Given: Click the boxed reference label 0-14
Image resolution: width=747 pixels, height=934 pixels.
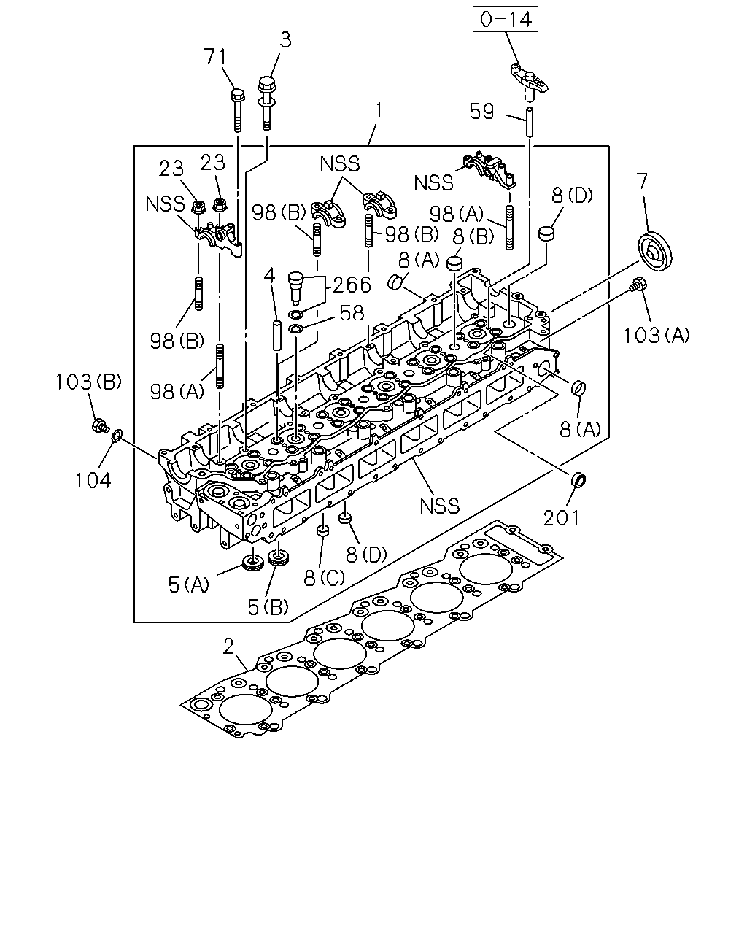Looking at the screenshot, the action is (x=506, y=19).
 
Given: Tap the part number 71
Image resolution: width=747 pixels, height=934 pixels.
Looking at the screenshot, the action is (x=215, y=57).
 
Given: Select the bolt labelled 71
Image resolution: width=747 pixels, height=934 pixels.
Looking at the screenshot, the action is (x=237, y=110).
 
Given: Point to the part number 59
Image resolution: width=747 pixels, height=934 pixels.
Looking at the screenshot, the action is (x=481, y=112).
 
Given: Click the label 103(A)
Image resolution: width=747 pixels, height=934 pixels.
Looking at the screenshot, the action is (x=657, y=336).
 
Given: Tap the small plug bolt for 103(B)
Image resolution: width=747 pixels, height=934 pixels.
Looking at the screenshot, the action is (x=99, y=425).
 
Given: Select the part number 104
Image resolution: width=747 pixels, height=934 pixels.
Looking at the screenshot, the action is (x=93, y=480).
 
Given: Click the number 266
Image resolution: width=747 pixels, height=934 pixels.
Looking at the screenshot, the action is (x=352, y=285).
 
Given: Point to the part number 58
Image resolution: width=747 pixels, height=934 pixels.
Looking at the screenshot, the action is (x=352, y=313).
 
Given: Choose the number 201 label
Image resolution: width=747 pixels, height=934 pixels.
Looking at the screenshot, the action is (x=561, y=518).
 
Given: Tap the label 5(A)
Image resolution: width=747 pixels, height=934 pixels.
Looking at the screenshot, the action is (x=188, y=585).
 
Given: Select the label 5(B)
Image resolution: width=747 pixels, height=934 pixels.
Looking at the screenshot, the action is (x=268, y=607).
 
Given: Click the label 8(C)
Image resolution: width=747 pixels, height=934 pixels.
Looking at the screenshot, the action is (x=324, y=578).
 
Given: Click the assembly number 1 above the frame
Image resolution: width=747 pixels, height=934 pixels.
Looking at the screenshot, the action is (x=379, y=111).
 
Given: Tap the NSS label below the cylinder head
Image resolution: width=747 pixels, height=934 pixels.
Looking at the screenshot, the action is (x=439, y=506).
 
